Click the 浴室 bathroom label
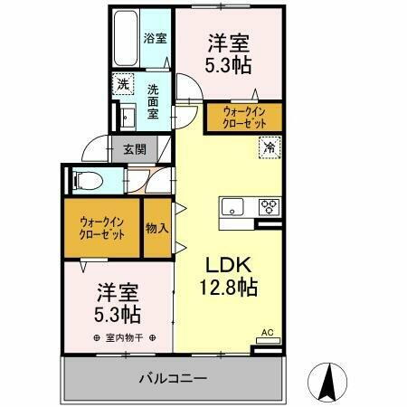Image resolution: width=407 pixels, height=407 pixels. coord(155,38)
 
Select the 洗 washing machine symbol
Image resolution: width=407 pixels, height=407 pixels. coord(122,85)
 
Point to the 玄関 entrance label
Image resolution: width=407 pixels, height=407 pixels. coord(135,150)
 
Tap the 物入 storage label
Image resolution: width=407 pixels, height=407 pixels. coord(157,227)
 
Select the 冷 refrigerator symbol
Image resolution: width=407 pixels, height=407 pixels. coord(269,145)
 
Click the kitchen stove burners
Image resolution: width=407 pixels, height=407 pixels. coord(269,205)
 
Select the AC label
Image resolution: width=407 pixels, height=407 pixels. coord(267,333)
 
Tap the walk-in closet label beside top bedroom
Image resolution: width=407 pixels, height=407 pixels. coord(242,117)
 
